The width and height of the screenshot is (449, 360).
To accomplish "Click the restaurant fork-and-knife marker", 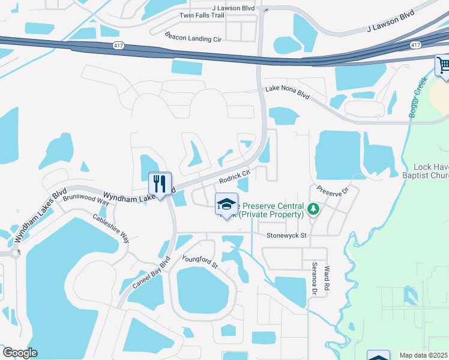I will (160, 184).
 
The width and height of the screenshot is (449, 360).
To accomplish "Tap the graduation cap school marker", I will (226, 205).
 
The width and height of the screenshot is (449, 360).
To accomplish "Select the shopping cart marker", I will (444, 65).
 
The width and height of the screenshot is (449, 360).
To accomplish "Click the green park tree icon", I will (312, 209).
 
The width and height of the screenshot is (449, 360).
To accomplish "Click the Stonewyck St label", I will (287, 236).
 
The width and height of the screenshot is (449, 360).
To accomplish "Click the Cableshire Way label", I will (110, 228).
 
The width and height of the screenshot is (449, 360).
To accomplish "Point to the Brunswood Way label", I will (86, 200).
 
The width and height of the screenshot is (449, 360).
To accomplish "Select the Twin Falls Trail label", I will (202, 15).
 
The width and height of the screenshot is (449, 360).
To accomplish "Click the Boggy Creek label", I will (419, 97).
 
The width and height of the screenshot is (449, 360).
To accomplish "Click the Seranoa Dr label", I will (313, 279).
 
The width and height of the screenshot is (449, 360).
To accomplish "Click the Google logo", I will (20, 353).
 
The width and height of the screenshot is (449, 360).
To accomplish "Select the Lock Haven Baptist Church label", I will (431, 172).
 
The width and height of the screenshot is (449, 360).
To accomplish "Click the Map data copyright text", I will (424, 355).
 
